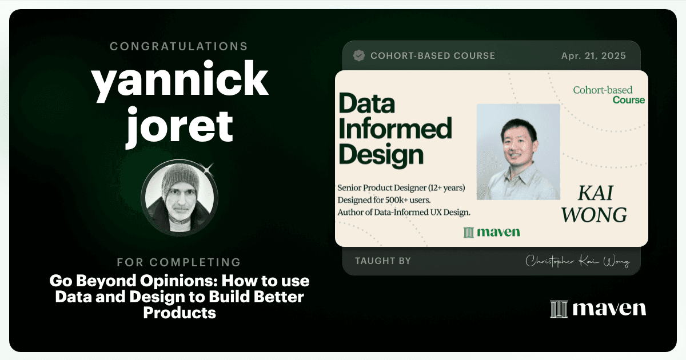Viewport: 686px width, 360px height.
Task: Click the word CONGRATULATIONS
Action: coord(179,46)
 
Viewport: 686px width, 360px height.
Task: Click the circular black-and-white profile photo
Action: coord(180,198)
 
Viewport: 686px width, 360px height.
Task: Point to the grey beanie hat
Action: coord(181,180)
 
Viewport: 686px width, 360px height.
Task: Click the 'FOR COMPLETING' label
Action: coord(179,262)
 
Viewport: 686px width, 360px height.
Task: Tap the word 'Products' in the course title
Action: coord(180,313)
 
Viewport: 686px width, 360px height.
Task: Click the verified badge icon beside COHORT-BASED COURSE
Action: coord(359,56)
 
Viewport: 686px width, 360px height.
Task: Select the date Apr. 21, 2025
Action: coord(593,56)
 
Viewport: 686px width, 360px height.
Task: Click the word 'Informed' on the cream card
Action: coord(395,129)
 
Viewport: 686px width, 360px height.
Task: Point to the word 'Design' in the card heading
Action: coord(381,155)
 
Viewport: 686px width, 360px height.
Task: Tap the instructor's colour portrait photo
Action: coord(518,152)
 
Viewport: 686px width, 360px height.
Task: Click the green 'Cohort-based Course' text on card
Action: coord(609,95)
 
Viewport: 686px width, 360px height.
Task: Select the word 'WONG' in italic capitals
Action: coord(594,215)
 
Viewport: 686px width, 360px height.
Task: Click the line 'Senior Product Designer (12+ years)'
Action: coord(401,187)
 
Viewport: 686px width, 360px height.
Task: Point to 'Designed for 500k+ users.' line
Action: coord(384,200)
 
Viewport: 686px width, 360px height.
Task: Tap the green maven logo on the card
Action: coord(492,233)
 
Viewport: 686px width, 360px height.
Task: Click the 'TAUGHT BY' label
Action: coord(383,261)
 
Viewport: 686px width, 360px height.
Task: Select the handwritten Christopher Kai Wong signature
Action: coord(577,262)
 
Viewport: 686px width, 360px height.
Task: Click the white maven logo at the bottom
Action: coord(598,309)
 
